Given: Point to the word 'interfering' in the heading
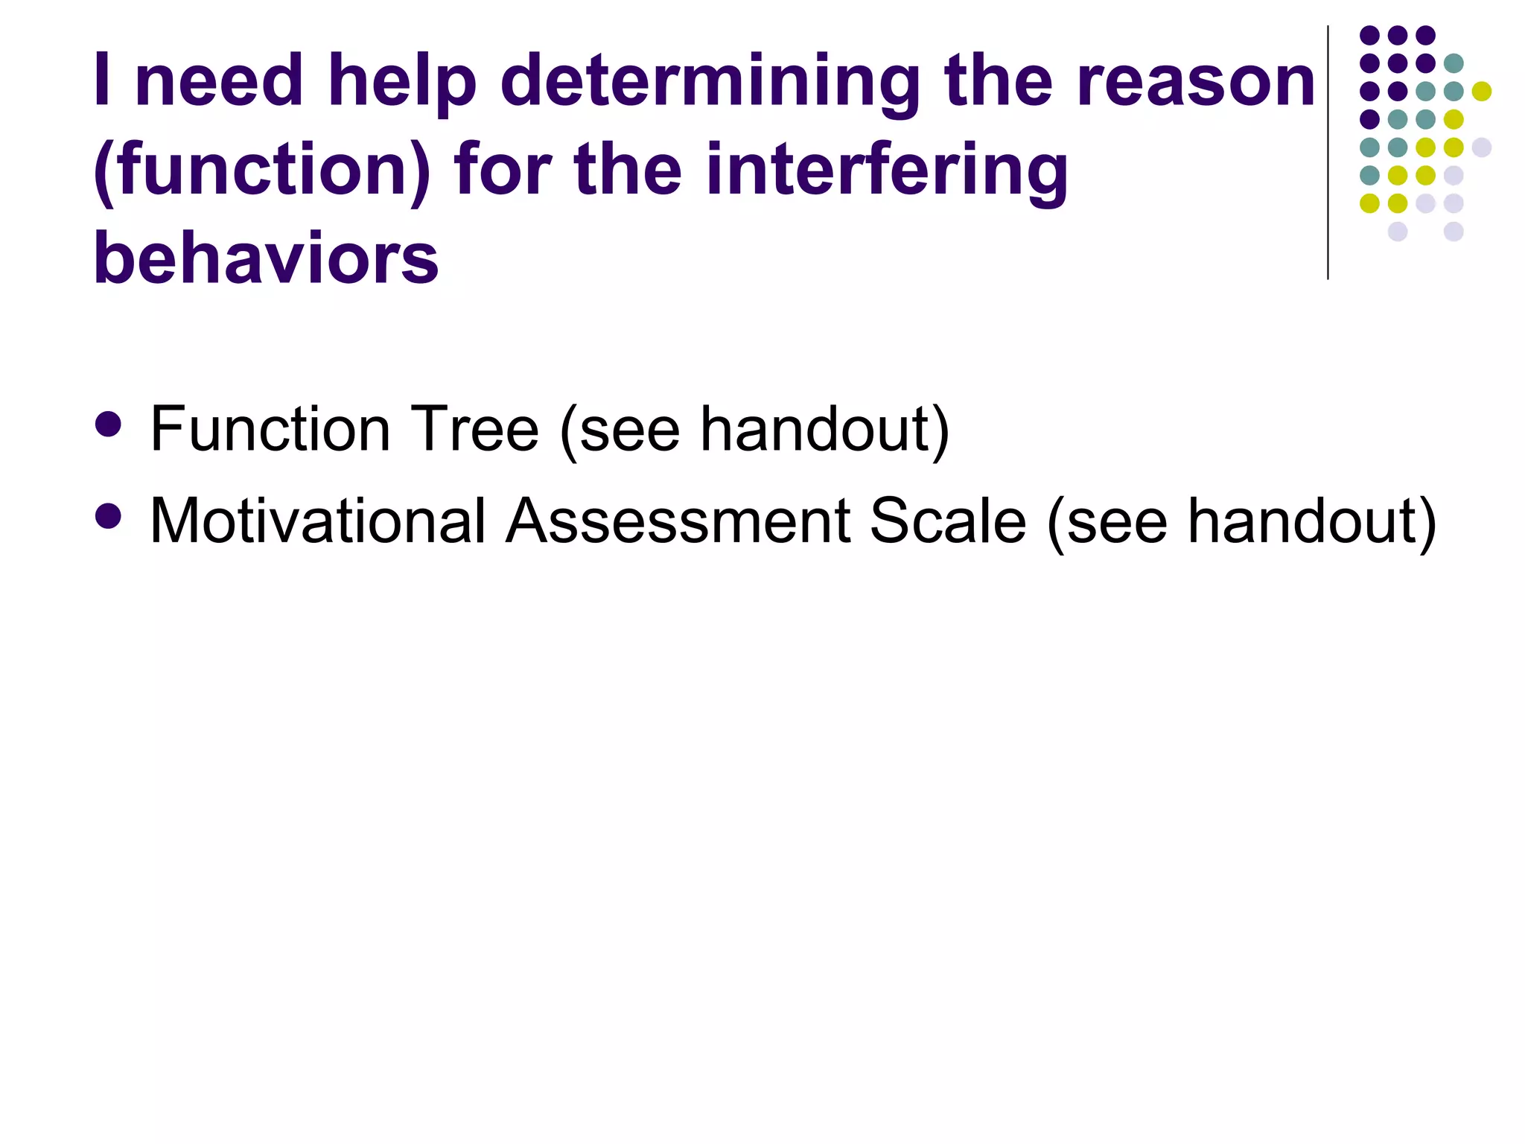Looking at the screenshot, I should (x=886, y=171).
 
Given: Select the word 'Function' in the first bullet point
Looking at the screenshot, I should (x=270, y=430).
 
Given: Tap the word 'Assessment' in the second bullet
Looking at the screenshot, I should (x=678, y=521).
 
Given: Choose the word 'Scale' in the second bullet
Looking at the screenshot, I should (x=948, y=521).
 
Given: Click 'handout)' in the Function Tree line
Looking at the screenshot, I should (x=825, y=430).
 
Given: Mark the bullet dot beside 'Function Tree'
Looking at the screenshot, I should (x=109, y=425).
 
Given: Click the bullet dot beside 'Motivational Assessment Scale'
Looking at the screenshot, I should (x=109, y=516).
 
